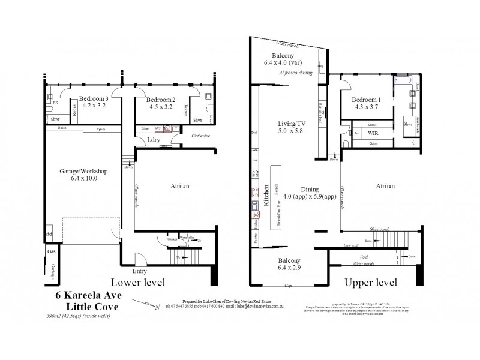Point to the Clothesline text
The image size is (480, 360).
202,136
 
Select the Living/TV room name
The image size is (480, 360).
290,124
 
